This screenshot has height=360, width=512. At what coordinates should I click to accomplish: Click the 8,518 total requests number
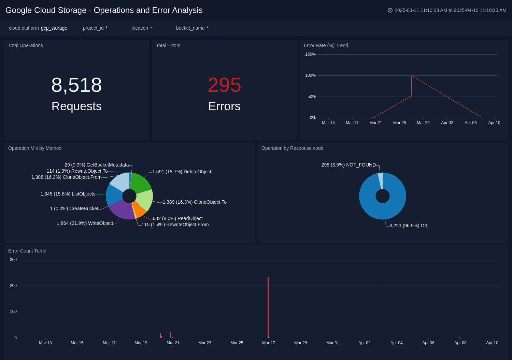pyautogui.click(x=76, y=85)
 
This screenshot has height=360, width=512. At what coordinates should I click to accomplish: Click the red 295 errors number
pyautogui.click(x=224, y=85)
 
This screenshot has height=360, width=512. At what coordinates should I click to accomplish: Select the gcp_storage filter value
pyautogui.click(x=54, y=28)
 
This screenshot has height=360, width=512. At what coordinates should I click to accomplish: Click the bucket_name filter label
pyautogui.click(x=190, y=28)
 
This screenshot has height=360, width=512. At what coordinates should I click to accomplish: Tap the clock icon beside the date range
pyautogui.click(x=390, y=10)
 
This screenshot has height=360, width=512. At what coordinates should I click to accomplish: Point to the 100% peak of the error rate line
pyautogui.click(x=412, y=76)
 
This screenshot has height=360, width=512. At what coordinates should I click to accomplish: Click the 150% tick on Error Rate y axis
pyautogui.click(x=310, y=54)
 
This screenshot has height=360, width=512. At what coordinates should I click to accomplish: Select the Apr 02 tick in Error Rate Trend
pyautogui.click(x=447, y=123)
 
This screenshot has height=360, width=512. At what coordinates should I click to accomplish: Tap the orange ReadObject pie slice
pyautogui.click(x=139, y=209)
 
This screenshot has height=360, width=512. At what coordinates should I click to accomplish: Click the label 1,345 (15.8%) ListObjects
pyautogui.click(x=68, y=194)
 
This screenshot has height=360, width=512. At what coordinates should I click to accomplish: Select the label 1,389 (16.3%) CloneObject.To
pyautogui.click(x=195, y=202)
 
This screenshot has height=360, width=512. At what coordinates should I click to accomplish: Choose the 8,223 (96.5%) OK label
pyautogui.click(x=408, y=226)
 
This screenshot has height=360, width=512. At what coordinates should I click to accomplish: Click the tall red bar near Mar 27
pyautogui.click(x=268, y=307)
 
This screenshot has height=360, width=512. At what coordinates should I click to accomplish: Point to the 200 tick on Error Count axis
pyautogui.click(x=13, y=286)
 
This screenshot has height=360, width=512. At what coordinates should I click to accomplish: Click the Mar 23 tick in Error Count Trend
pyautogui.click(x=204, y=343)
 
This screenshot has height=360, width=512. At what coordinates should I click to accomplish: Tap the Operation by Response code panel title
pyautogui.click(x=292, y=148)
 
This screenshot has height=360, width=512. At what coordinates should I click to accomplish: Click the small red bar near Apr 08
pyautogui.click(x=459, y=337)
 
